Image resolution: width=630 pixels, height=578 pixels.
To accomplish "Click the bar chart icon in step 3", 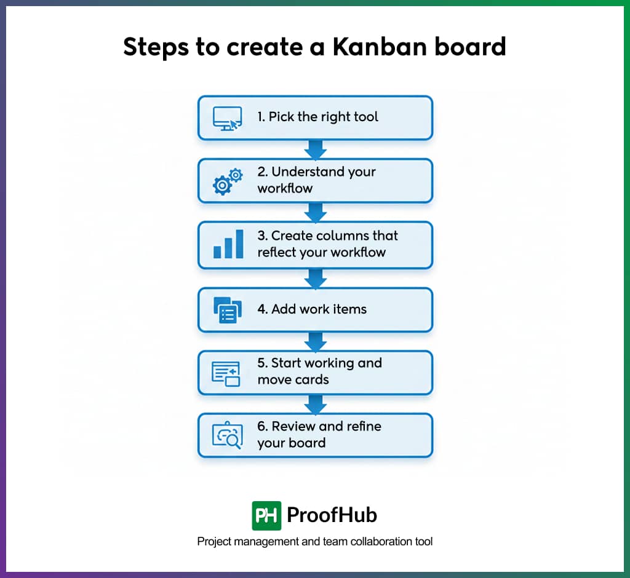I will point(227,245).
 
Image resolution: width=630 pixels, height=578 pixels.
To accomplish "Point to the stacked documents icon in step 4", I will point(227,309).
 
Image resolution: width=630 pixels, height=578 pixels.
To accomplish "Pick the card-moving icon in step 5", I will point(226,373).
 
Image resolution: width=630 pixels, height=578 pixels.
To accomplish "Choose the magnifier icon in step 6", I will point(227,436).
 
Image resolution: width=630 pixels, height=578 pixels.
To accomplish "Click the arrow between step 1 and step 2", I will point(316,149).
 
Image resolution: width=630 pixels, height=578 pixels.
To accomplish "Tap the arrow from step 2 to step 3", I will point(316,213).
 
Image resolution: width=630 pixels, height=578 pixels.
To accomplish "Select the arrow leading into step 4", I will point(316,278).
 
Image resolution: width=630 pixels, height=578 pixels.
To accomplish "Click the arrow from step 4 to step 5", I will point(316,341).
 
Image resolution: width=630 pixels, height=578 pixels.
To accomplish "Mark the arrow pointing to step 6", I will point(316,405).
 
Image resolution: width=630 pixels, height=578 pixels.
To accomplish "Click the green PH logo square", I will point(266,515).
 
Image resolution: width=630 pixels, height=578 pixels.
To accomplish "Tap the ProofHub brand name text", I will point(332,515).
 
